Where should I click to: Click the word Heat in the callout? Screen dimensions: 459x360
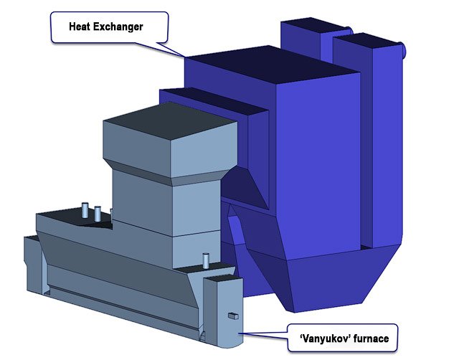click(79, 27)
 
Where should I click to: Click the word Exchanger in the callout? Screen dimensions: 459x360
click(118, 27)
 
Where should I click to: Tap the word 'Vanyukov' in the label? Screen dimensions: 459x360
click(325, 338)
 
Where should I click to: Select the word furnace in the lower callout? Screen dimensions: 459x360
click(372, 338)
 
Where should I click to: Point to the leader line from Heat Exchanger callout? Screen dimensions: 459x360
click(171, 49)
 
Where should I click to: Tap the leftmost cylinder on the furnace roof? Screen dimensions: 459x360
click(85, 210)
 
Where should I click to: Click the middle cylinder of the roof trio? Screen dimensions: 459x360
click(98, 214)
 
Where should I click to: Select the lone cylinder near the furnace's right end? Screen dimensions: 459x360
click(206, 261)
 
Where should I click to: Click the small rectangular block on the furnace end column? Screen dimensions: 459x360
click(233, 316)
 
